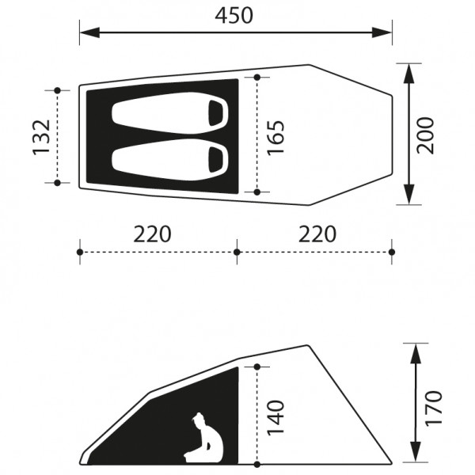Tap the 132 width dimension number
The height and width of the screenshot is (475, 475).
click(x=43, y=137)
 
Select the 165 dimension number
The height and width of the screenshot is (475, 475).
click(x=276, y=137)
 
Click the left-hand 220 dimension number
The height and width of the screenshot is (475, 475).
click(x=151, y=234)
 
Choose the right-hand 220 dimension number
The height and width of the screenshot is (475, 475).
click(x=317, y=234)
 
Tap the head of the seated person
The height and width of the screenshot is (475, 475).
click(x=198, y=420)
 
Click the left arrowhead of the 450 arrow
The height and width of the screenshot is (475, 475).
click(x=85, y=32)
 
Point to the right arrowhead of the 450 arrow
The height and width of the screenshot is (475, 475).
click(x=386, y=32)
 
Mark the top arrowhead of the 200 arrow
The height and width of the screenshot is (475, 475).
click(x=408, y=70)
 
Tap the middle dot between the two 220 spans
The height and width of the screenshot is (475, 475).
click(x=237, y=252)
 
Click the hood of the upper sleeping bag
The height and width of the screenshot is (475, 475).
click(x=216, y=113)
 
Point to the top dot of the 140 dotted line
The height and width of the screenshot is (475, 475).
click(x=257, y=366)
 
